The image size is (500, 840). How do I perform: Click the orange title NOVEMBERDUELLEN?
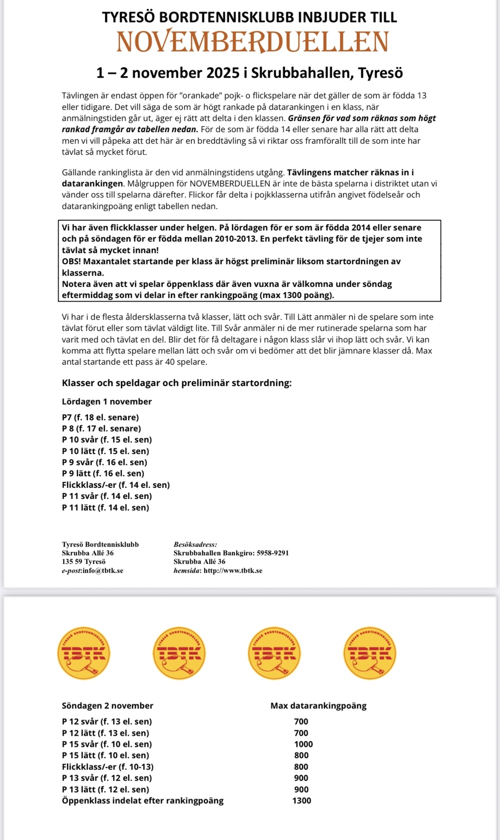coord(252,42)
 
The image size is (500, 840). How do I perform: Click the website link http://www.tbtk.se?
coord(232,570)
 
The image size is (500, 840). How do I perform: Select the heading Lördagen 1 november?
coord(106,401)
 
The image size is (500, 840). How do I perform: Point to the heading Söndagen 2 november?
coord(107,705)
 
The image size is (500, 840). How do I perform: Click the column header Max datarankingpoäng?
coord(318,705)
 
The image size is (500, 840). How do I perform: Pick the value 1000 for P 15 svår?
coord(303,744)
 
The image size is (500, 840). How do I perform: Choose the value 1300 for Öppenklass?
coord(301,800)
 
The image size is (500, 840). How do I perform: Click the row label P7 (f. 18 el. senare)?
coord(100,417)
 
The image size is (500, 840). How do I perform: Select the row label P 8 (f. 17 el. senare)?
coord(101,428)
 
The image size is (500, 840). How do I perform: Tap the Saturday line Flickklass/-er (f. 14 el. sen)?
coord(116,485)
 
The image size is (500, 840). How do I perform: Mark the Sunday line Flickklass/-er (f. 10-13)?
coord(107,766)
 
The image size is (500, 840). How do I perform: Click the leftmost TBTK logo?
coord(84,653)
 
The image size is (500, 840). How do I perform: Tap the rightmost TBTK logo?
coord(369,653)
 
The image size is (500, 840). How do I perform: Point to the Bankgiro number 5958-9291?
coord(272,553)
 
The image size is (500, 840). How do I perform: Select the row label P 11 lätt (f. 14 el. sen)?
coord(105,507)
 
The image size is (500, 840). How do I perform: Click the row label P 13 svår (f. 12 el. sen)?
coord(107,778)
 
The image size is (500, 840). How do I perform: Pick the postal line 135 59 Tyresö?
coord(83,561)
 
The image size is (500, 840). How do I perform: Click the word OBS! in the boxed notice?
coord(71,261)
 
